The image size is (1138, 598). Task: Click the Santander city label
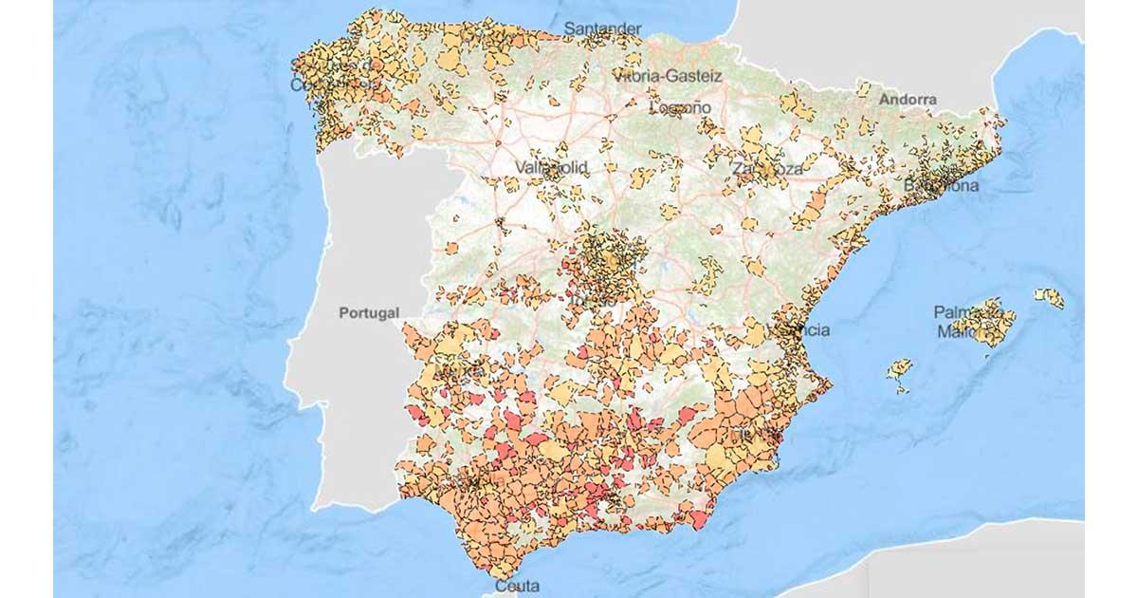point(602,28)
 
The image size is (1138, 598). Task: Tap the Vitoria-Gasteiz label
point(668,75)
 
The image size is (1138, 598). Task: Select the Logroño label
point(680,107)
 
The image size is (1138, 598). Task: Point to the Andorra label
point(908,99)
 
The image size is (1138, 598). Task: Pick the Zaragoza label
point(767,168)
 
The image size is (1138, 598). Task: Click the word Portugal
point(370,312)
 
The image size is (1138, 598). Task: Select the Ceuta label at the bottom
point(517,586)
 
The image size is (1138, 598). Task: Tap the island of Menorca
point(1049,298)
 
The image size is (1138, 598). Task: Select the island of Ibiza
point(899,368)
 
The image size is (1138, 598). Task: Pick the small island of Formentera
point(902,387)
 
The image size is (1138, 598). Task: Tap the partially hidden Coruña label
point(318,84)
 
